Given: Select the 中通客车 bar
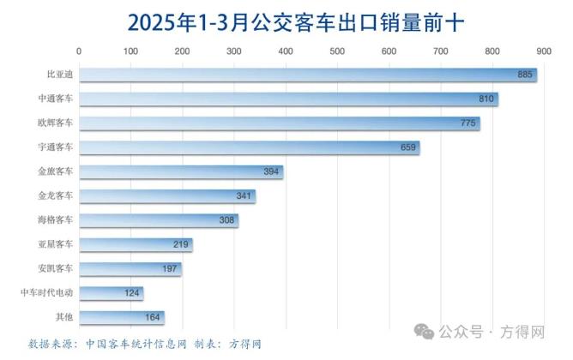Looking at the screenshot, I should click(x=287, y=99).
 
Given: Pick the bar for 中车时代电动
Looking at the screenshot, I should click(x=111, y=294).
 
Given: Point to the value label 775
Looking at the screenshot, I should click(x=467, y=124).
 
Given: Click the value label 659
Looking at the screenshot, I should click(x=408, y=148).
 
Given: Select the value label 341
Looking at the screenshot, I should click(x=244, y=196).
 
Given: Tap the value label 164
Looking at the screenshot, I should click(x=153, y=318).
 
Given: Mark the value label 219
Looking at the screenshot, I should click(x=181, y=245).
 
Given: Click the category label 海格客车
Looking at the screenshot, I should click(x=57, y=220).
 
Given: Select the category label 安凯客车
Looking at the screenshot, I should click(x=57, y=269).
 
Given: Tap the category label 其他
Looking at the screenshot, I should click(x=64, y=317).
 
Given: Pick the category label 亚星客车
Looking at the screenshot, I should click(x=57, y=244).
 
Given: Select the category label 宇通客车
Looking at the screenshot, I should click(x=57, y=147).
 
